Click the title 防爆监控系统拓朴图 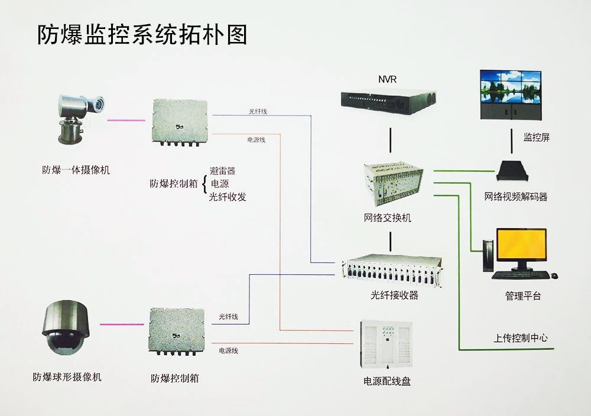pyautogui.click(x=142, y=35)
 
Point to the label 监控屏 pyautogui.click(x=537, y=138)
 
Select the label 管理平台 pyautogui.click(x=523, y=295)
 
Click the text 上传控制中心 pyautogui.click(x=521, y=339)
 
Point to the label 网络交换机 pyautogui.click(x=388, y=218)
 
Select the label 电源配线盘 pyautogui.click(x=387, y=381)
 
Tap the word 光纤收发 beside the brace pyautogui.click(x=228, y=197)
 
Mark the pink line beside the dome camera pyautogui.click(x=122, y=324)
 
